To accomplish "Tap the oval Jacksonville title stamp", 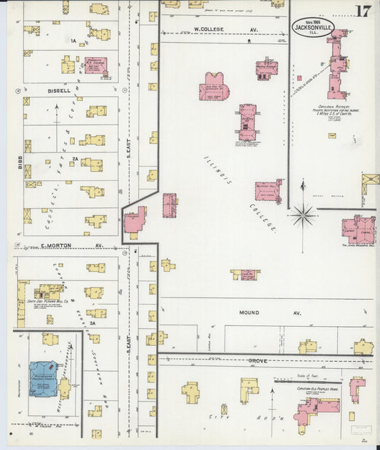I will (311, 27).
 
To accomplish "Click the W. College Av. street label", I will (216, 30).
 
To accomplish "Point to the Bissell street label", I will (59, 91).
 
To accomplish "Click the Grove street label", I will (258, 361).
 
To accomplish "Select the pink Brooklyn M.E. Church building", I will (95, 66).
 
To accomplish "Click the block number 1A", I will (73, 41).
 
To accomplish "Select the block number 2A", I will (74, 159).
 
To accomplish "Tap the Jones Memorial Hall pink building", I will (358, 229).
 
